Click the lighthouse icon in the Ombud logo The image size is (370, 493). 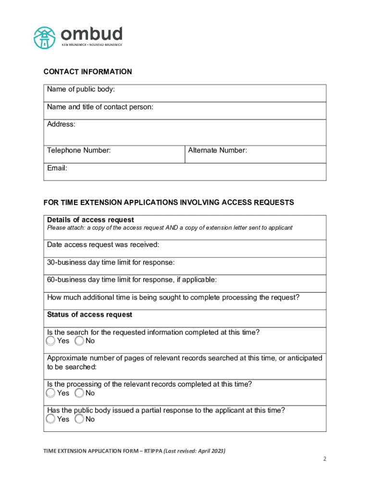pyautogui.click(x=45, y=37)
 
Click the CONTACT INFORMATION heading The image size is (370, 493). pyautogui.click(x=87, y=72)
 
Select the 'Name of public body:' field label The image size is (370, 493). pyautogui.click(x=81, y=90)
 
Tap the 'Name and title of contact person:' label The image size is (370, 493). pyautogui.click(x=100, y=107)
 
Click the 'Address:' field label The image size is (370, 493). pyautogui.click(x=61, y=124)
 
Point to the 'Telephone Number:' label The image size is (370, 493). pyautogui.click(x=79, y=150)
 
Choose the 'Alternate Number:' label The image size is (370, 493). pyautogui.click(x=217, y=150)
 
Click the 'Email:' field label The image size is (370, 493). pyautogui.click(x=57, y=168)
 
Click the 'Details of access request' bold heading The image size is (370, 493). pyautogui.click(x=90, y=220)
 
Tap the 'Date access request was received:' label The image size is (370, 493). pyautogui.click(x=103, y=245)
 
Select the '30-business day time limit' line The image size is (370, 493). pyautogui.click(x=111, y=262)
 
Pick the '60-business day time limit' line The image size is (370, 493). pyautogui.click(x=132, y=280)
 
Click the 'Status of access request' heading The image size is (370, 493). pyautogui.click(x=89, y=314)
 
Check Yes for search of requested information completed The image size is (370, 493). pyautogui.click(x=51, y=341)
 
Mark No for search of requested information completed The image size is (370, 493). pyautogui.click(x=80, y=341)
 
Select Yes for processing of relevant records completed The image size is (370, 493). pyautogui.click(x=51, y=393)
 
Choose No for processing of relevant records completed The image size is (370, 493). pyautogui.click(x=80, y=393)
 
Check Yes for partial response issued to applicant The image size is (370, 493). pyautogui.click(x=51, y=419)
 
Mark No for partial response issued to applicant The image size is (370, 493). pyautogui.click(x=80, y=419)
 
